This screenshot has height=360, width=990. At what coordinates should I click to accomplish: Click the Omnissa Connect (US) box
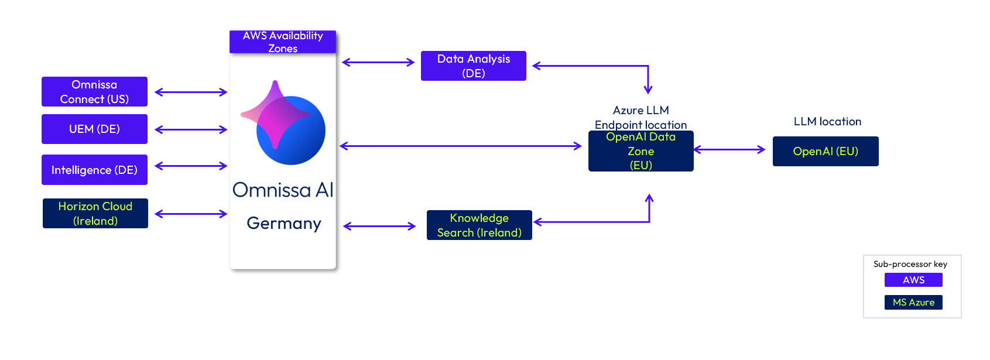(94, 92)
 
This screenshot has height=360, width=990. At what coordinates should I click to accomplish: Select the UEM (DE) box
(94, 129)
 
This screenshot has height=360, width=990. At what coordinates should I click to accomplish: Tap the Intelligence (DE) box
(94, 170)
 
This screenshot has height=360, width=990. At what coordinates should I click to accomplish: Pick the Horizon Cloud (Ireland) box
(95, 214)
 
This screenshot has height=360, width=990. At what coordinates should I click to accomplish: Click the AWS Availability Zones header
(283, 42)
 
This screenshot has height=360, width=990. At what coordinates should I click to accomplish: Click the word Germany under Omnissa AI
(284, 224)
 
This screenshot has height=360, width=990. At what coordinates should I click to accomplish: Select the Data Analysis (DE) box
(474, 66)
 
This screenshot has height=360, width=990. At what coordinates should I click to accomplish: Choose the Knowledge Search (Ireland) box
(479, 225)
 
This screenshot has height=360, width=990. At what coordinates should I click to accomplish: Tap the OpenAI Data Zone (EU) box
(641, 151)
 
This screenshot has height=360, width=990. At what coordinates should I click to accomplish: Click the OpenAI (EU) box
(825, 151)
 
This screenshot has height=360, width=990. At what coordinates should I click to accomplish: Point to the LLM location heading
(827, 122)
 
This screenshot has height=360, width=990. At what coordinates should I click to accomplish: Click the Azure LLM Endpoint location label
(641, 117)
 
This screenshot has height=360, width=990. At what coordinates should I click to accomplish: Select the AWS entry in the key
(913, 280)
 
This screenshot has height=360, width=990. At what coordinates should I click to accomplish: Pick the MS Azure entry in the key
(913, 302)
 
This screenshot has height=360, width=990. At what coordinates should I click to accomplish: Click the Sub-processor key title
(910, 264)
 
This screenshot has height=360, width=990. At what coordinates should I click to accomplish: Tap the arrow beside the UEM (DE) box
(191, 129)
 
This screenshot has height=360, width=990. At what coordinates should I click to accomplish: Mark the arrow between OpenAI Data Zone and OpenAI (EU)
(729, 150)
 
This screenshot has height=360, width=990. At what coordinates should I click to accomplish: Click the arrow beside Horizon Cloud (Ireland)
(191, 214)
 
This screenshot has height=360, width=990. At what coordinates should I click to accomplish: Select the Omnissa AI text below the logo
(283, 190)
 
